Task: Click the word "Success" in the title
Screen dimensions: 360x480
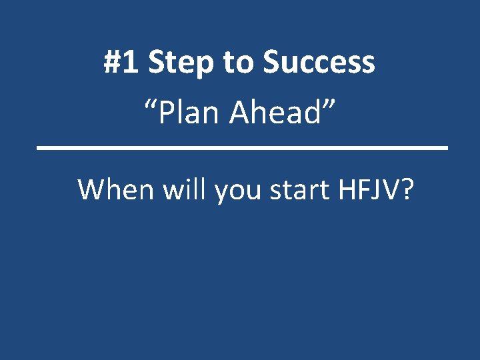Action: click(319, 63)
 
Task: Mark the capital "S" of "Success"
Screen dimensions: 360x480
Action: click(271, 63)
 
